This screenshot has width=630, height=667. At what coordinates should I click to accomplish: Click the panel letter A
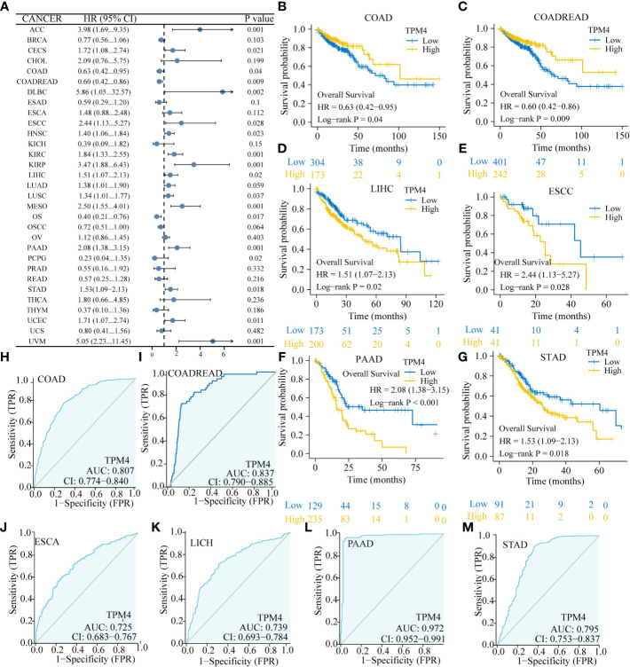point(8,6)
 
